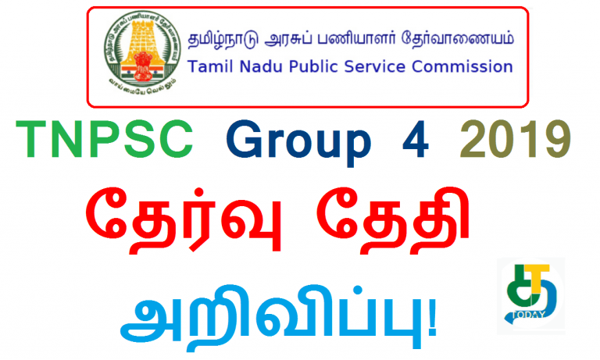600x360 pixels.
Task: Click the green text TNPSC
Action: [104, 144]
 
